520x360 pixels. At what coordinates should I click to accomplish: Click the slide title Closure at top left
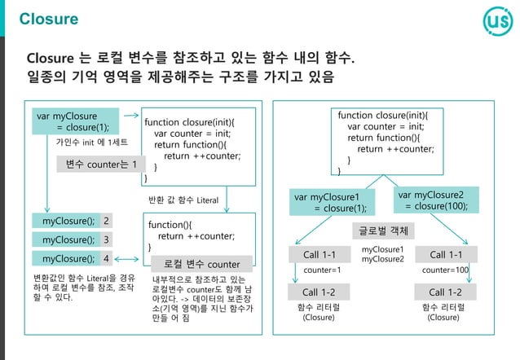click(x=48, y=19)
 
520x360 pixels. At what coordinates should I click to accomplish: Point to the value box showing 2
click(x=107, y=221)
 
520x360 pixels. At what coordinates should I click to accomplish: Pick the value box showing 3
click(x=107, y=239)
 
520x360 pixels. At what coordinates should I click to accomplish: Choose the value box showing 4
click(x=107, y=259)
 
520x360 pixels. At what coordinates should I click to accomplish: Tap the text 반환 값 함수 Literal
click(x=183, y=200)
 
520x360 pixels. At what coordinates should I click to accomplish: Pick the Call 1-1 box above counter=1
click(x=320, y=255)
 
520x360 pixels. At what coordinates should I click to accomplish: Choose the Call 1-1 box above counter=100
click(x=446, y=255)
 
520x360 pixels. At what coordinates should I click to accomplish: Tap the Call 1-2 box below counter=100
click(x=445, y=292)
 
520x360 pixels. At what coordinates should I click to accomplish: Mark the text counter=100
click(x=446, y=270)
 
